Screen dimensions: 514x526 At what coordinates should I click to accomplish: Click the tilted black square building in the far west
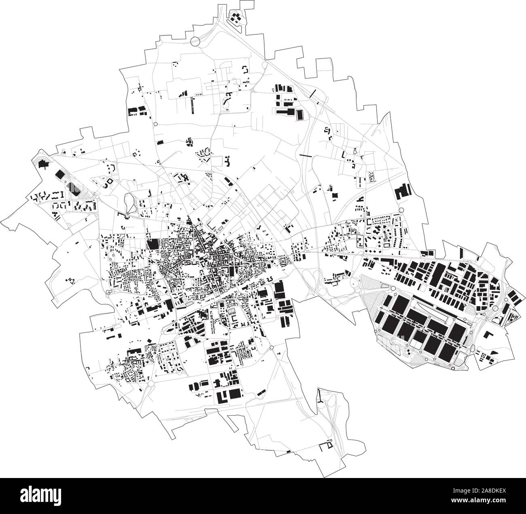(x=59, y=174)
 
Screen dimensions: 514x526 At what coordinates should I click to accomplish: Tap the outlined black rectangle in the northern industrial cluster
(x=299, y=115)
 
